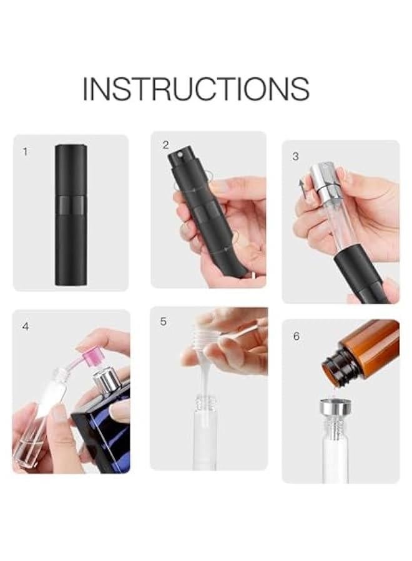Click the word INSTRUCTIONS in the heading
coord(195,89)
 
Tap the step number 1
coord(25,151)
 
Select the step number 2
coord(165,145)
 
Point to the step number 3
coord(295,156)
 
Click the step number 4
coord(25,326)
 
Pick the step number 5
coord(164,322)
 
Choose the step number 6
coord(296,336)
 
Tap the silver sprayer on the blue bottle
coord(105,380)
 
